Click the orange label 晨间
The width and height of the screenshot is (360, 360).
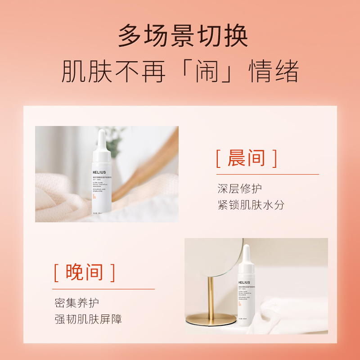coord(246,158)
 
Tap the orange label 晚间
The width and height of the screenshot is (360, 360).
coord(85,272)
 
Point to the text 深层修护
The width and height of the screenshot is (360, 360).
coord(239,189)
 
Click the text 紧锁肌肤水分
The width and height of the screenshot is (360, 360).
coord(251,205)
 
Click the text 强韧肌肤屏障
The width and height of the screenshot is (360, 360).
coord(88,319)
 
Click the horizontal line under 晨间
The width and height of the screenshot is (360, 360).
coord(267,174)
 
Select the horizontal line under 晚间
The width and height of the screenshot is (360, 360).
coord(103,289)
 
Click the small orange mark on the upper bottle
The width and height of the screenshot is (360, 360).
coord(94,197)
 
